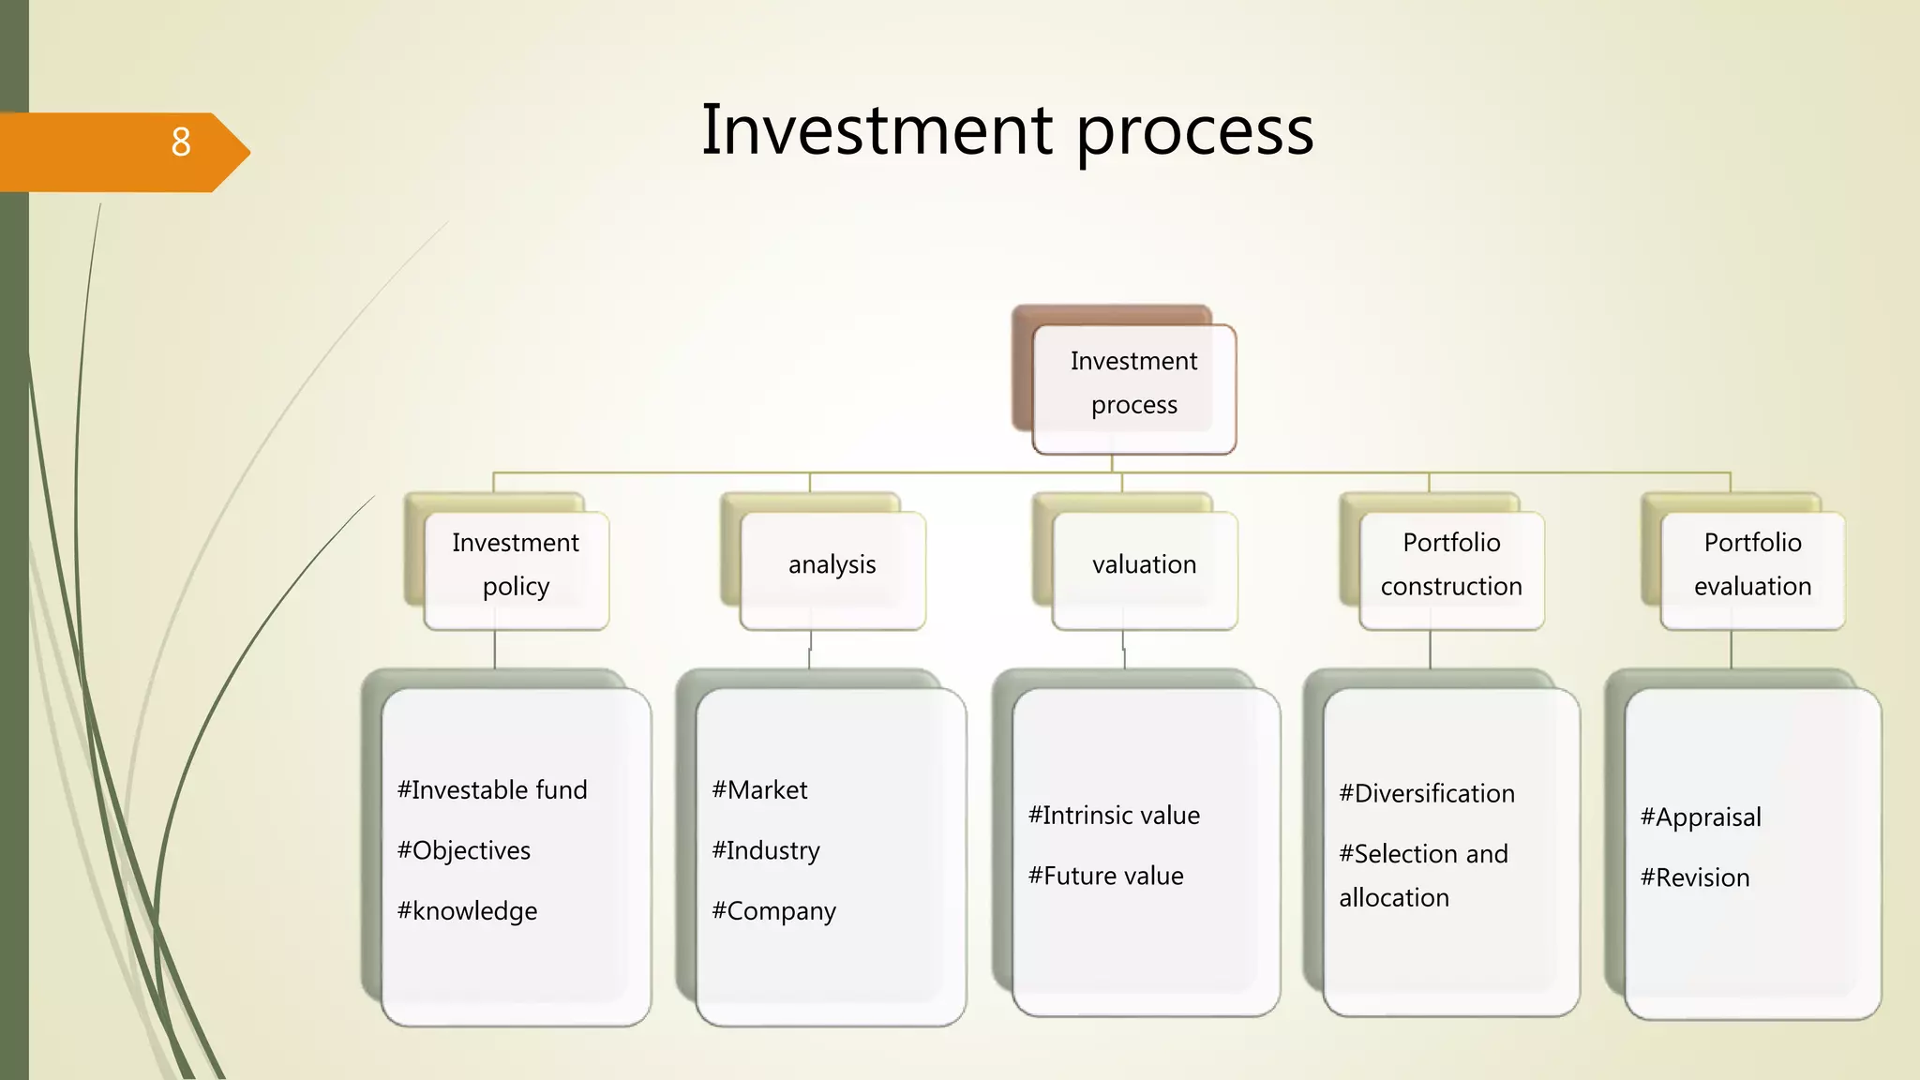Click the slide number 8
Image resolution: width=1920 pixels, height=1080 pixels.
(181, 142)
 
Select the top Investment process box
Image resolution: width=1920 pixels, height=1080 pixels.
(1133, 383)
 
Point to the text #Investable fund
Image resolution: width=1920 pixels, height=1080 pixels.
(492, 790)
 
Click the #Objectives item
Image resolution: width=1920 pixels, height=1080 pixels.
(464, 850)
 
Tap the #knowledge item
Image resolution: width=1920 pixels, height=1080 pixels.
(467, 911)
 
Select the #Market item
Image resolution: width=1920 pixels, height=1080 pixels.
(759, 790)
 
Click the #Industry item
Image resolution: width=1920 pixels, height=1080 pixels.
(766, 850)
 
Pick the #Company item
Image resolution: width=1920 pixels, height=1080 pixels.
(773, 911)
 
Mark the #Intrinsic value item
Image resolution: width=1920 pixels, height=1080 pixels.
(1114, 816)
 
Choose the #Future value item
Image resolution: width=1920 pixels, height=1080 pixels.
(1105, 877)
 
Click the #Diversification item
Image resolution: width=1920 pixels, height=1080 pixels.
(1426, 794)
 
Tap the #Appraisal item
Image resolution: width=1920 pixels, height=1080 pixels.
(1701, 817)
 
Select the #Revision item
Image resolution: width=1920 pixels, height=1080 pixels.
(1695, 878)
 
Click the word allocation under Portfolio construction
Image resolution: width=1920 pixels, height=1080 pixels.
(1394, 898)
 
